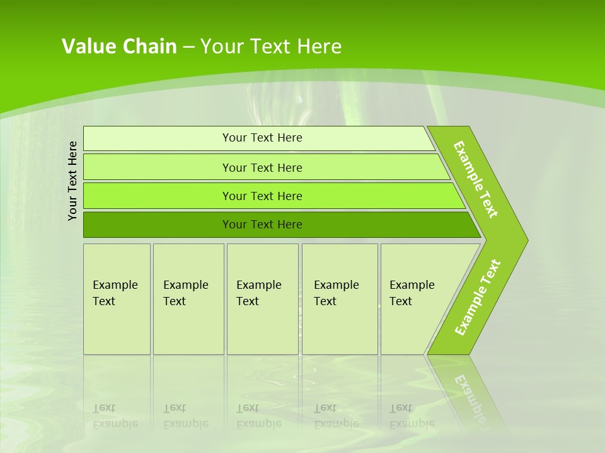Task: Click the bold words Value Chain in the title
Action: (x=119, y=47)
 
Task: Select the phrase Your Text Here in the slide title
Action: (x=271, y=47)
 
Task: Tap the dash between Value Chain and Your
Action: (x=188, y=47)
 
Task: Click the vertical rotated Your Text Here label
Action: (x=72, y=181)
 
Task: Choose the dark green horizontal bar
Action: (x=158, y=225)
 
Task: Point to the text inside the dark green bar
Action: (x=262, y=225)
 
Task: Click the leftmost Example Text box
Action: (x=117, y=299)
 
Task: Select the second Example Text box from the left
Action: (x=188, y=299)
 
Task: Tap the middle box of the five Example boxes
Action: (x=262, y=299)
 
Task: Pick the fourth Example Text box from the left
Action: (x=340, y=299)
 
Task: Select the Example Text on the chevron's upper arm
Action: (x=476, y=179)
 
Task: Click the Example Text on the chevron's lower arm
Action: (x=478, y=297)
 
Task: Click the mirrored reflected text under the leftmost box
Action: (x=115, y=416)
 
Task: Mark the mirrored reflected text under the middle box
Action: (x=259, y=416)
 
